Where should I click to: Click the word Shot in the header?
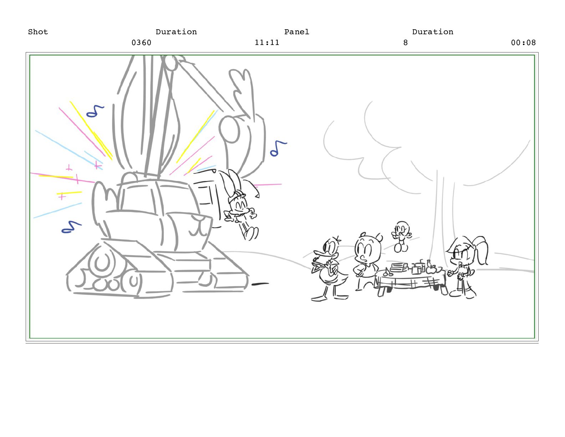38,32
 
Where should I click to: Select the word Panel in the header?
296,32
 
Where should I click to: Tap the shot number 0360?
141,42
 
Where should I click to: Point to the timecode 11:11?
267,42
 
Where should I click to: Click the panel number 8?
405,42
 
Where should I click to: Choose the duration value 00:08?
523,42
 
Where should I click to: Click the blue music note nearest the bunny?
278,149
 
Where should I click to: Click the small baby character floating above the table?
401,236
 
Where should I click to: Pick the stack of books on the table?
398,267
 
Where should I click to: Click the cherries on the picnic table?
388,272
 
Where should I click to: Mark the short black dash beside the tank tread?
260,284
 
